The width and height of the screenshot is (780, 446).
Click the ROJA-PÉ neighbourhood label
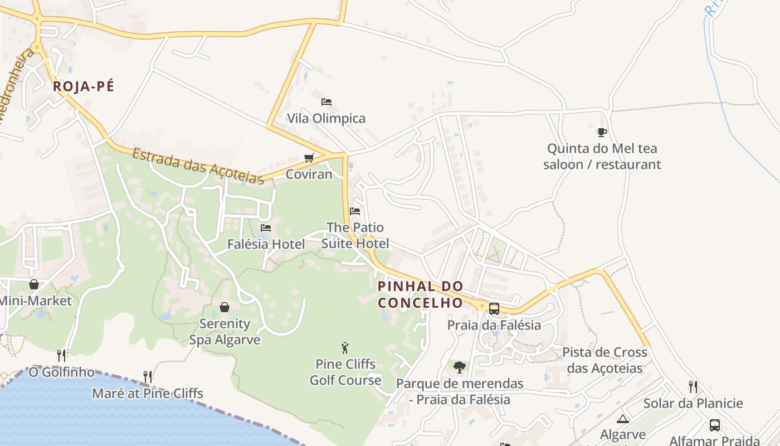point(84,86)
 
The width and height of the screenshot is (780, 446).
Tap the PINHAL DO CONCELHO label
point(421,294)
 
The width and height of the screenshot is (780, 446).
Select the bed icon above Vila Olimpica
point(326,102)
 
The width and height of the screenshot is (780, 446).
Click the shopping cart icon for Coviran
point(309,158)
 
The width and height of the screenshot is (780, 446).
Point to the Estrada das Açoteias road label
point(198,166)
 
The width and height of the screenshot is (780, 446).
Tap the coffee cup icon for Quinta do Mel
point(602,133)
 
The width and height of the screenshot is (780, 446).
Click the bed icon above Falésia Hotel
point(266,228)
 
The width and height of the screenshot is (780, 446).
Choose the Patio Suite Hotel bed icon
point(355,211)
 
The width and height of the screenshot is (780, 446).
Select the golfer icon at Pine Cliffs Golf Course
point(345,348)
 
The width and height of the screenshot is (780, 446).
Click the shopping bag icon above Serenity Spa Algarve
point(225,307)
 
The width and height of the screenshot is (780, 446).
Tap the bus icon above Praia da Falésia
point(494,309)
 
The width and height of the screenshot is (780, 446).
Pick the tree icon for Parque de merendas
point(460,367)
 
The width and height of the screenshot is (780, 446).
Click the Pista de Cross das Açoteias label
point(604,360)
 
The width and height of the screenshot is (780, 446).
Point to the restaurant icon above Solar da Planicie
point(693,387)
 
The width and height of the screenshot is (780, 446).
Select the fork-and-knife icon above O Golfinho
point(61,355)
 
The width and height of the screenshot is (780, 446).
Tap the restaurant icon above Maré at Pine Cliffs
point(148,377)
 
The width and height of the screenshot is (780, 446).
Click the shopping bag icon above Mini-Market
point(34,285)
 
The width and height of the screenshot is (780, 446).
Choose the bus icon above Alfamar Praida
point(715,425)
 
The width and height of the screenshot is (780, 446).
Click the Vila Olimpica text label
point(326,118)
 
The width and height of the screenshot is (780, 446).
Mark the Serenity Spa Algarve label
point(225,332)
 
